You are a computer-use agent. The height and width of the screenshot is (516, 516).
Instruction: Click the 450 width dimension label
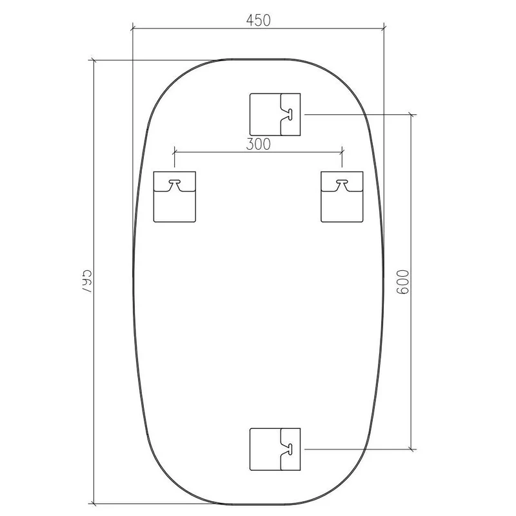click(259, 21)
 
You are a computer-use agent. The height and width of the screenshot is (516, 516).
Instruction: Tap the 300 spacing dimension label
click(259, 144)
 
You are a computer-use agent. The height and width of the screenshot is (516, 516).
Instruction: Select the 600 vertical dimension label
click(402, 282)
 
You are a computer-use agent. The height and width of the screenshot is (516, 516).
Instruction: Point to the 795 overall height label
click(86, 282)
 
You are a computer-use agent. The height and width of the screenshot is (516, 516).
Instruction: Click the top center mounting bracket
click(275, 115)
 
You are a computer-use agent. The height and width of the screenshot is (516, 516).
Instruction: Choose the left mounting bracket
click(175, 197)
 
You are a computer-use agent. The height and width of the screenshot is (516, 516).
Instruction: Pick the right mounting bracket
click(342, 197)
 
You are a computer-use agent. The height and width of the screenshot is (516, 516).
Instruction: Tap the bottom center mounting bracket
click(275, 449)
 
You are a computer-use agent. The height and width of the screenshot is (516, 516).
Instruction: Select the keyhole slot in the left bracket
click(175, 182)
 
